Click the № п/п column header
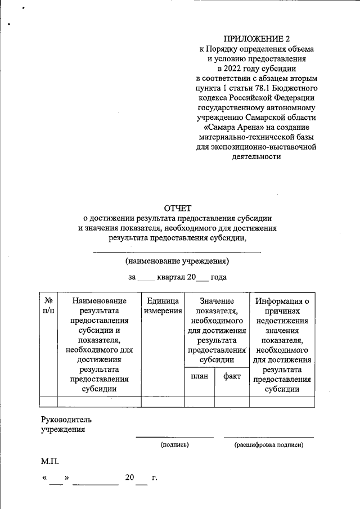[48, 306]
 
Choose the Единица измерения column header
[163, 306]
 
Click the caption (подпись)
[174, 445]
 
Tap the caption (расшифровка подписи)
[269, 445]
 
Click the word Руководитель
[66, 420]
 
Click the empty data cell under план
[199, 401]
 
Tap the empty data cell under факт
[232, 401]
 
